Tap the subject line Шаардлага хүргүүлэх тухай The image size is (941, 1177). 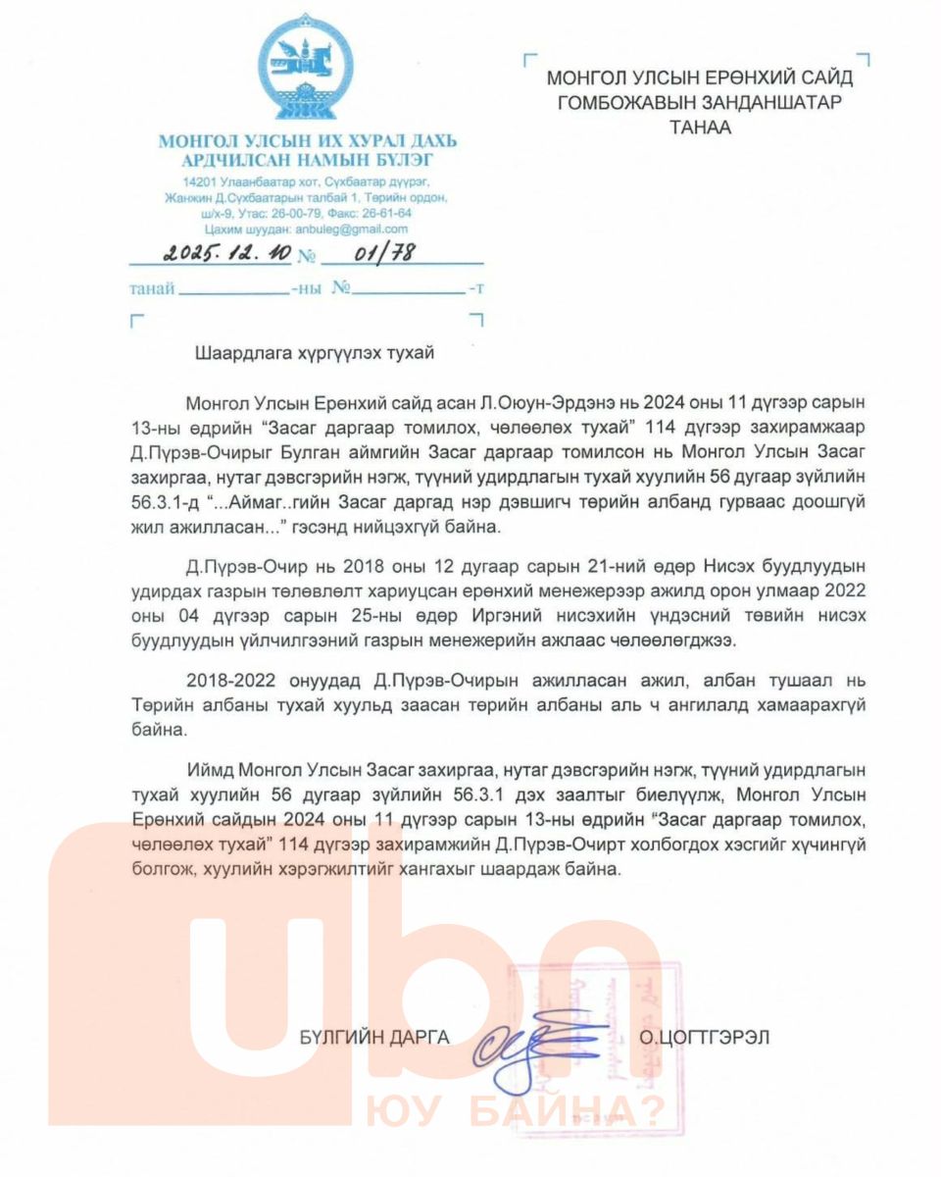tap(314, 353)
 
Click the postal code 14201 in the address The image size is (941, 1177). tap(199, 183)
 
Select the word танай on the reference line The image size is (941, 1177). tap(153, 289)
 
